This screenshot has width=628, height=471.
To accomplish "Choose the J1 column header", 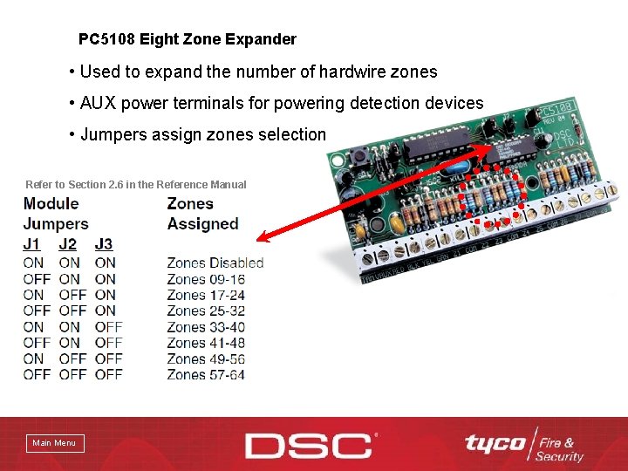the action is coord(32,244).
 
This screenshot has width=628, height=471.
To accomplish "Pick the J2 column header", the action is coord(68,244).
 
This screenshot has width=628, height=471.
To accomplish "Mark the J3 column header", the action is coord(104,244).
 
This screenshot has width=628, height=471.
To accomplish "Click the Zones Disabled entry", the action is coord(215,263).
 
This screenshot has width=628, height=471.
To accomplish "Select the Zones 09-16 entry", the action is coord(206,279).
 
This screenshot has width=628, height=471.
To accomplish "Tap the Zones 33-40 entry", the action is coord(206,327).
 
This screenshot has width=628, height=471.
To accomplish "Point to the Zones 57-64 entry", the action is coord(206,375).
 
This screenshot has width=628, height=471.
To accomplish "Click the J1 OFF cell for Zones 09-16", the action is coord(37,279).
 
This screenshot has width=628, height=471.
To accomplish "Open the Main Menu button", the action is coord(54,443).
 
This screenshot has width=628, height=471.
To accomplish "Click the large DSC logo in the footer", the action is coord(310,445).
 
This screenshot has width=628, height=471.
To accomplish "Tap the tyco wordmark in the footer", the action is coord(495,443).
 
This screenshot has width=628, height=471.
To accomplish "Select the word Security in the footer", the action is coord(559,456).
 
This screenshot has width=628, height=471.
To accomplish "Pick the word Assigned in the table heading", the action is coord(202,223).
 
